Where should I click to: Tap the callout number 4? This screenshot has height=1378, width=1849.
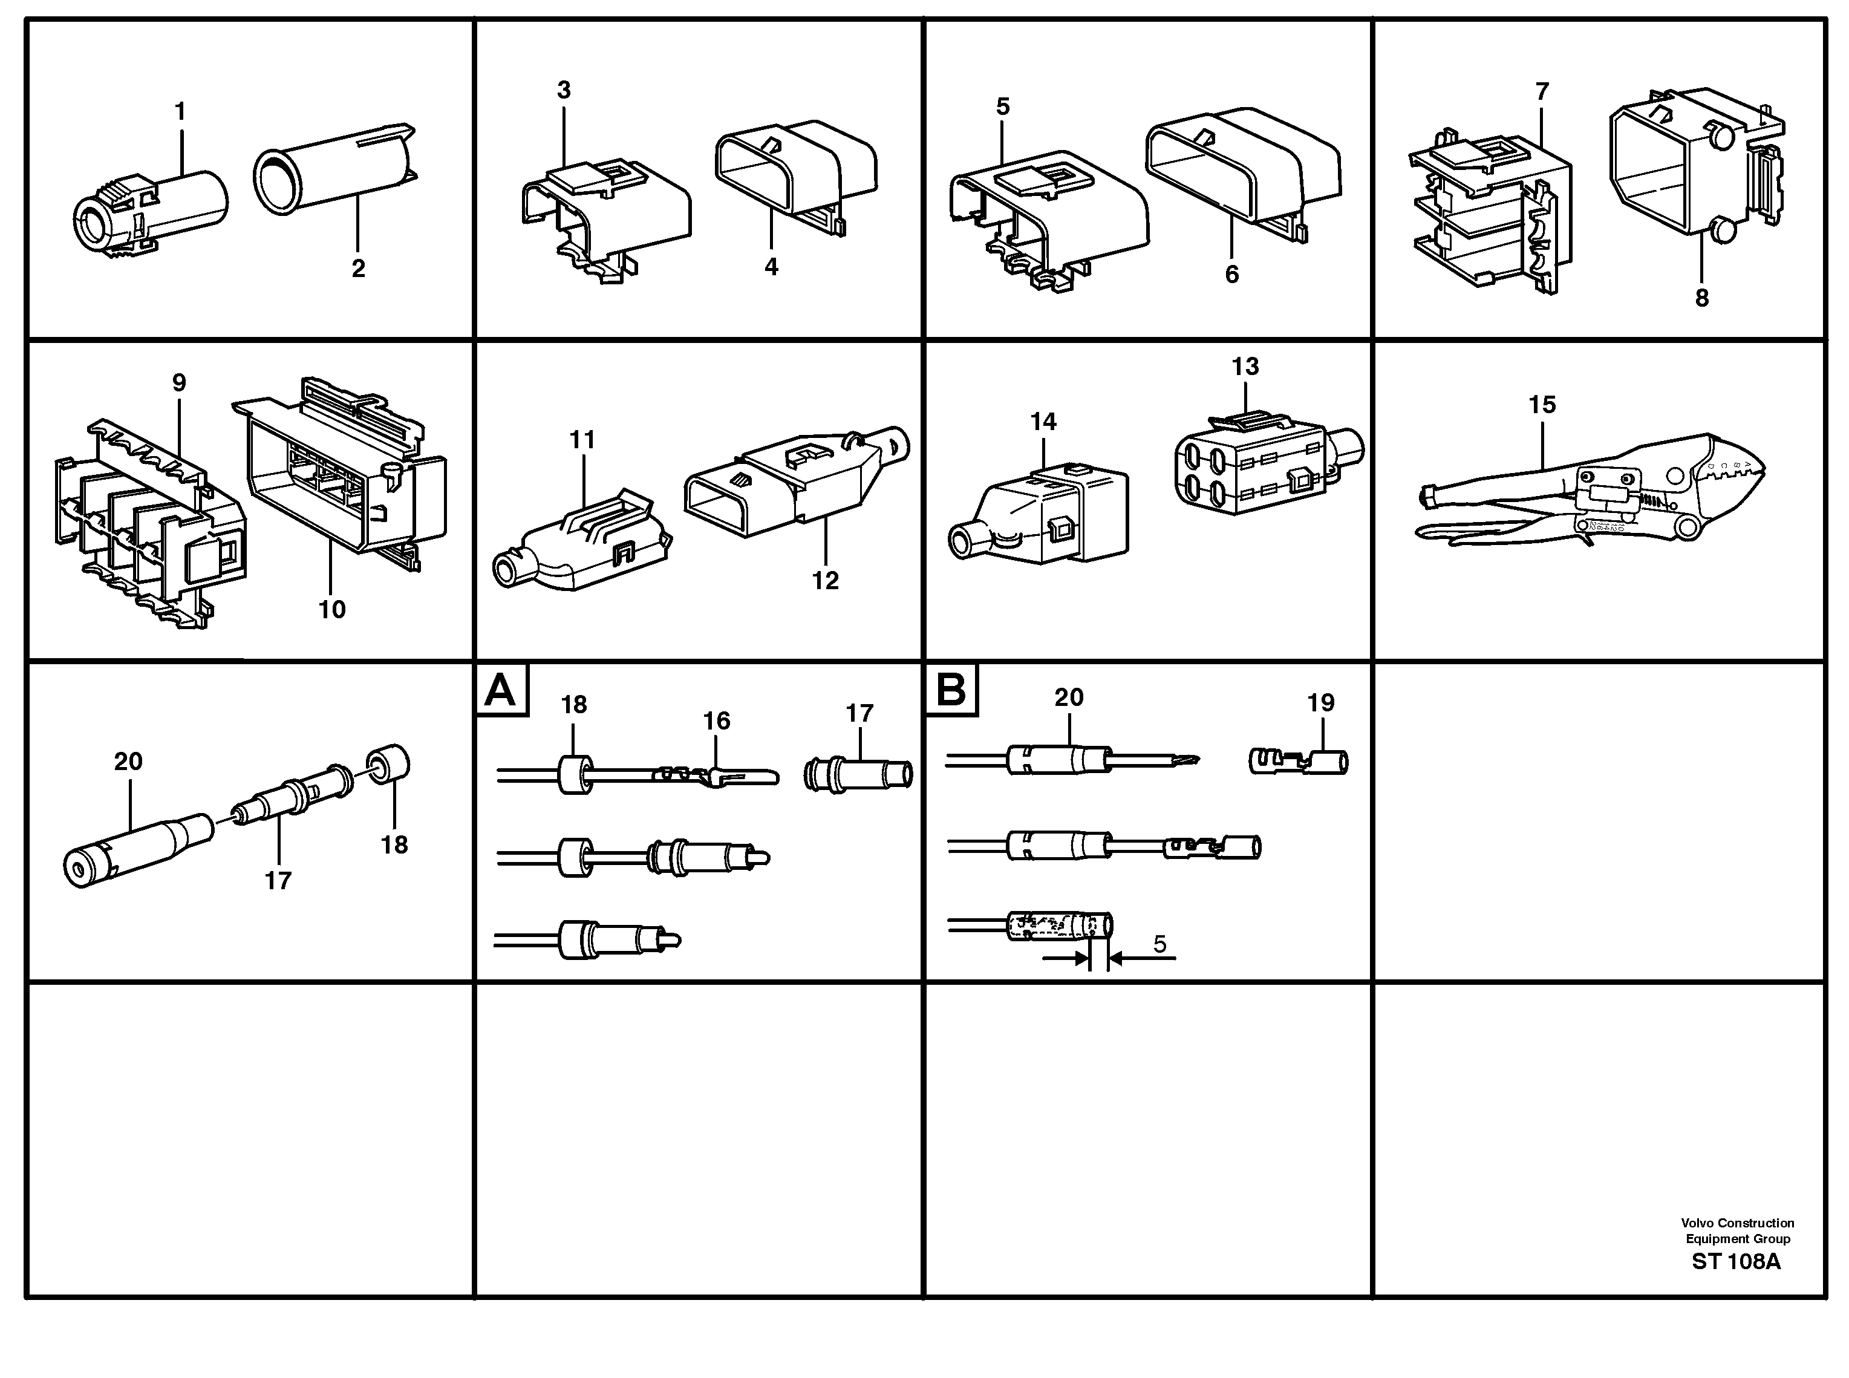[x=771, y=267]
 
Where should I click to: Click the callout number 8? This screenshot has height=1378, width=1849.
[x=1701, y=298]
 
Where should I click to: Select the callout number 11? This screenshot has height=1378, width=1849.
[x=582, y=440]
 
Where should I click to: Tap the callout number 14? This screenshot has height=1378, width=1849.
[x=1043, y=422]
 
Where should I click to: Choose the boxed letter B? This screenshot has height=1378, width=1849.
[x=951, y=691]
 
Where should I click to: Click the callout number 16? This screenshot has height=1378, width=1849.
[x=716, y=720]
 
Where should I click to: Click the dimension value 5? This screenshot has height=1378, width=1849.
[x=1159, y=944]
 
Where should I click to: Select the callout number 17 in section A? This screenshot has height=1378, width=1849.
[x=859, y=713]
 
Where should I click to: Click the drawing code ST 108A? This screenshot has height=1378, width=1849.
[x=1735, y=1261]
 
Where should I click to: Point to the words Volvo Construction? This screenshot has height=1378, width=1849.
[x=1737, y=1223]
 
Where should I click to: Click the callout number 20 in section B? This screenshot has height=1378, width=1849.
[x=1068, y=697]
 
